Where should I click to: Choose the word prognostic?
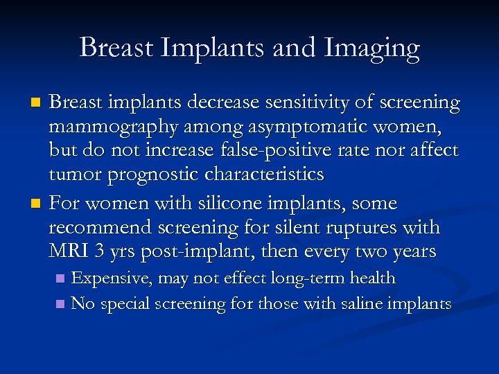click(x=160, y=175)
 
